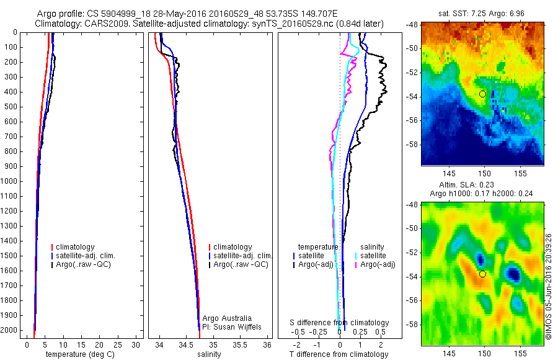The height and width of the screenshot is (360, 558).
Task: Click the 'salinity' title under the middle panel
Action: pyautogui.click(x=209, y=354)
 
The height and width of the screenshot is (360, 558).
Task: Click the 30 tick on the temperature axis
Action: pyautogui.click(x=136, y=344)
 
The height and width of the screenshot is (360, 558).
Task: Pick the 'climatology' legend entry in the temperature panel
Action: pyautogui.click(x=75, y=247)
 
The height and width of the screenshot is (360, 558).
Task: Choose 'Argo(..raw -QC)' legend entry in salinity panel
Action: pyautogui.click(x=241, y=264)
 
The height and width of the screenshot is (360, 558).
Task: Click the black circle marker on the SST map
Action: pyautogui.click(x=482, y=94)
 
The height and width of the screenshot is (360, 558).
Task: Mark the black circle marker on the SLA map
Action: pyautogui.click(x=482, y=274)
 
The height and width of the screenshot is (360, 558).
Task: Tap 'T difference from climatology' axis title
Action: pyautogui.click(x=339, y=354)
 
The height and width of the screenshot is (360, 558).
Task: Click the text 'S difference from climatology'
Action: pyautogui.click(x=340, y=323)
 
